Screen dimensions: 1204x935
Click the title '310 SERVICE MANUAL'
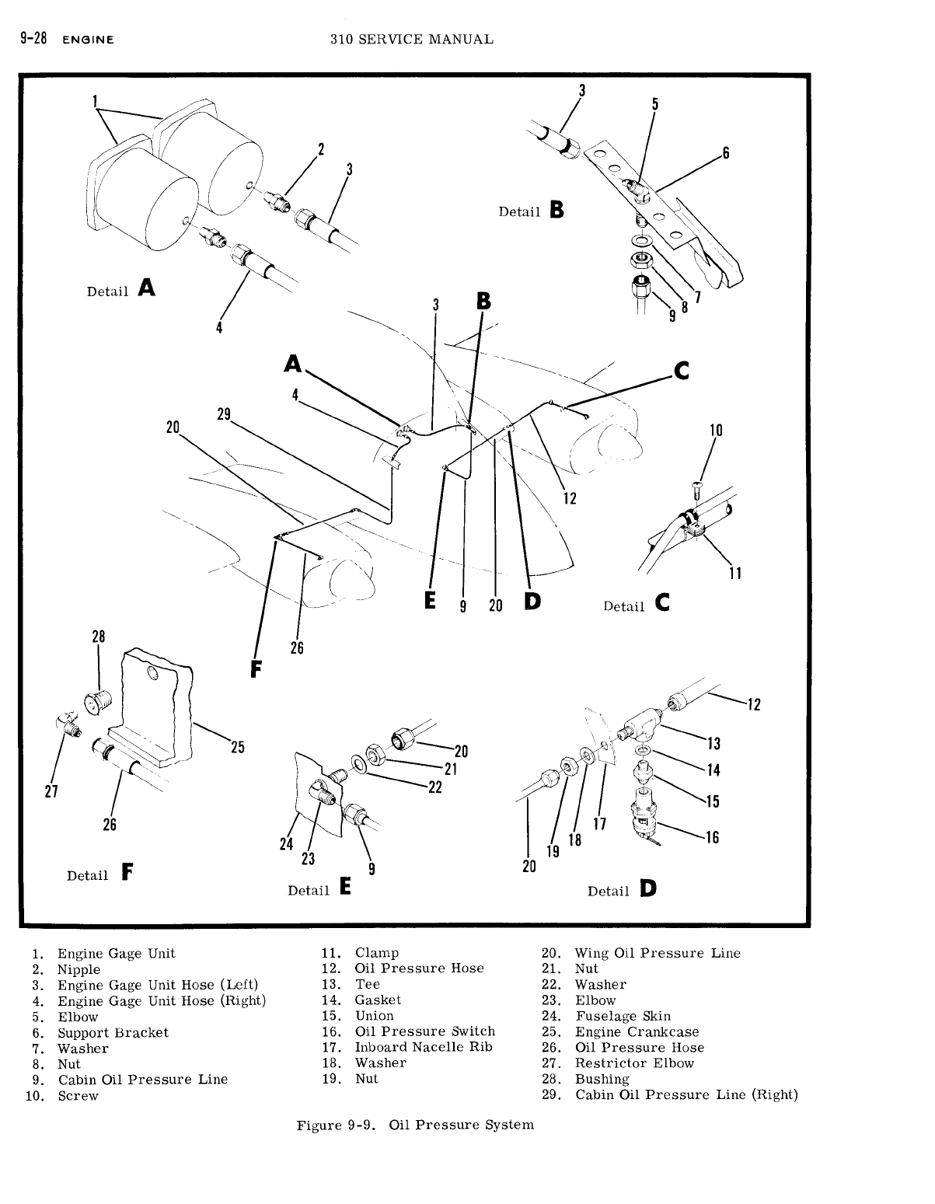(x=411, y=39)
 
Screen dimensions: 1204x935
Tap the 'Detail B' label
(x=531, y=211)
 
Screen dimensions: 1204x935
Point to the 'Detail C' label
(x=637, y=605)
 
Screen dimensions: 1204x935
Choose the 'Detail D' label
(x=622, y=889)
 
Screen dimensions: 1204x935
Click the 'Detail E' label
(x=319, y=888)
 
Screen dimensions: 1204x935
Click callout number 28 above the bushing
(x=99, y=637)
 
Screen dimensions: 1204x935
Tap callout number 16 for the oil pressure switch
(x=712, y=837)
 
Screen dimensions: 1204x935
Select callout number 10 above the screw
(x=717, y=431)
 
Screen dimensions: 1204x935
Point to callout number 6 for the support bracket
(x=726, y=153)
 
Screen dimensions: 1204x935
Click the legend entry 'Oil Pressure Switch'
(x=424, y=1031)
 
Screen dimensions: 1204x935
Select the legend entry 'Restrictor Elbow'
(x=634, y=1063)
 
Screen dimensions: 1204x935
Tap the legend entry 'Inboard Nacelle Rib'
(x=424, y=1047)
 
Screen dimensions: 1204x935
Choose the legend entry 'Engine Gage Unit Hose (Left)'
(x=158, y=985)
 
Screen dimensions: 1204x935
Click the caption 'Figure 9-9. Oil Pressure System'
(x=415, y=1125)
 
